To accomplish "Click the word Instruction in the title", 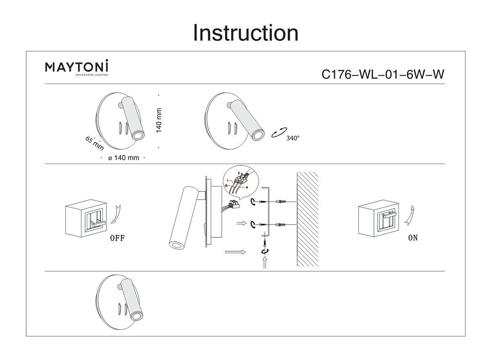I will coord(245,33).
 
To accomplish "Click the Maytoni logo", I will coord(77,67).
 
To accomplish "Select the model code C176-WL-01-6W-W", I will coord(383,74).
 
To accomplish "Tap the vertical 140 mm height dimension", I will coord(159,120).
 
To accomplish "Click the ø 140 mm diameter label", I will coord(124,158).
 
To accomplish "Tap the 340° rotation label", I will coord(293,138).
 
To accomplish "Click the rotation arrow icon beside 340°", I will coord(279,133).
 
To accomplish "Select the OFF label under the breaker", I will coord(117,239).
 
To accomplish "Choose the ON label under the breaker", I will coord(413,238).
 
